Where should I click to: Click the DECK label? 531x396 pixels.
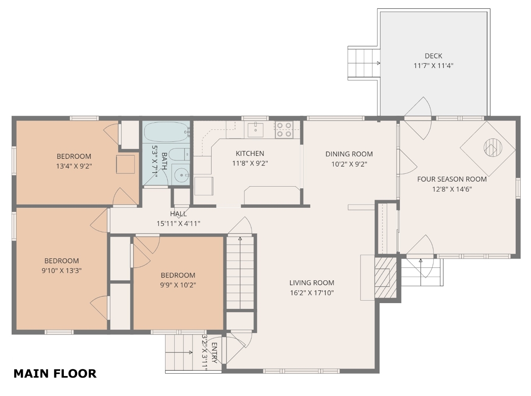coord(433,56)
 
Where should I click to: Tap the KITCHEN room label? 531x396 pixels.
coord(250,153)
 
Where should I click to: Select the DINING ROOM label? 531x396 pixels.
coord(349,154)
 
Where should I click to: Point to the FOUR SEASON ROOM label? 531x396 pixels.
coord(452,179)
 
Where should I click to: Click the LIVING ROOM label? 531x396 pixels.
coord(312,283)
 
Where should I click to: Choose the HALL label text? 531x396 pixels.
coord(178,214)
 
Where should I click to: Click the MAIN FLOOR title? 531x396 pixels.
coord(55,374)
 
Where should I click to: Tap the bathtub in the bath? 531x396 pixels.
coord(166,132)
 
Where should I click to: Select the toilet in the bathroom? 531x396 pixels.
coord(179,154)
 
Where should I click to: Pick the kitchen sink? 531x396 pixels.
coord(256,130)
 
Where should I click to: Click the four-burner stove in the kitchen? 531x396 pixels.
coord(284,130)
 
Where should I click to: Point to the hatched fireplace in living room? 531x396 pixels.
coord(386,277)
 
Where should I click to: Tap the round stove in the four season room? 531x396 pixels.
coord(493,148)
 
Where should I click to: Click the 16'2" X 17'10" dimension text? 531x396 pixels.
coord(312,293)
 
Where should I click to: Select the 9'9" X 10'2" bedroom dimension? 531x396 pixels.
coord(178,285)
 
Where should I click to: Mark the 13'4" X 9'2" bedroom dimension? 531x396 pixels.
coord(74,166)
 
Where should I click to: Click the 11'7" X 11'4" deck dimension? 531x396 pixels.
coord(433,66)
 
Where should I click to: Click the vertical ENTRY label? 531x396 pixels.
coord(214,353)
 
